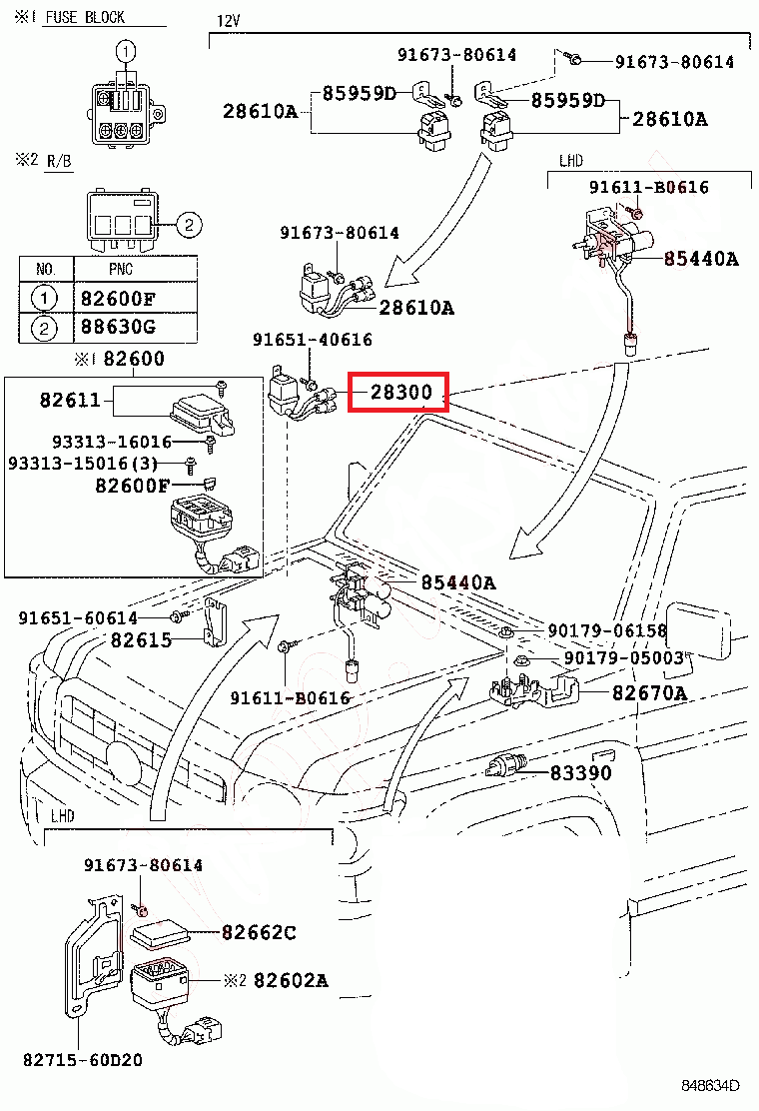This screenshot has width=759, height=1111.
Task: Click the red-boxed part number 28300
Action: click(400, 392)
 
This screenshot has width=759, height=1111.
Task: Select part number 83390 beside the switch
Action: click(580, 772)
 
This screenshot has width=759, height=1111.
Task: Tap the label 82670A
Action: click(649, 692)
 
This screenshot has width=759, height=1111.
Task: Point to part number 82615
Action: click(141, 639)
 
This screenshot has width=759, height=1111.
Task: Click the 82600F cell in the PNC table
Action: click(118, 299)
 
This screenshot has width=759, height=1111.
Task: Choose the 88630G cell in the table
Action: click(118, 327)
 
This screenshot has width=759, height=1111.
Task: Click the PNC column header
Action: click(121, 269)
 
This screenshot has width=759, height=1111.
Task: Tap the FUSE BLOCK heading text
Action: click(85, 17)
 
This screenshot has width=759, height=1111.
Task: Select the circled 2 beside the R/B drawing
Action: click(189, 226)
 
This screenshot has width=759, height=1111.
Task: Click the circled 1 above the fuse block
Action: click(125, 51)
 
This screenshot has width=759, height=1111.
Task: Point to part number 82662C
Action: click(259, 932)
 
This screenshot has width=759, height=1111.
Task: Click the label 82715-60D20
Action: click(83, 1060)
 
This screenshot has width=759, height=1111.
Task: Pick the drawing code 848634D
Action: click(710, 1085)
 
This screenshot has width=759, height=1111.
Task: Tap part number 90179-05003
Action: click(624, 657)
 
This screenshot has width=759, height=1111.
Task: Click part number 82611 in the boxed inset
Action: click(70, 400)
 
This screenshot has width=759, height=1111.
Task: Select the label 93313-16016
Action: click(112, 442)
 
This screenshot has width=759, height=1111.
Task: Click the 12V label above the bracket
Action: click(228, 21)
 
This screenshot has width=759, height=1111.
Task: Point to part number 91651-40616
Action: click(313, 340)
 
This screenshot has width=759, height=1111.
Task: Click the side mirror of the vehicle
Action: click(698, 630)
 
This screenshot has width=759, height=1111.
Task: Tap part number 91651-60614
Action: click(78, 617)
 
